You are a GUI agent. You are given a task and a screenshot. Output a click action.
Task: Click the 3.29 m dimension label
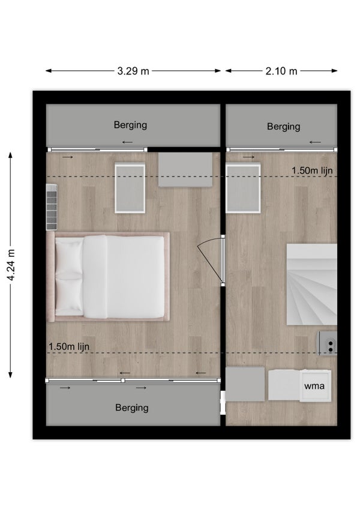click(133, 71)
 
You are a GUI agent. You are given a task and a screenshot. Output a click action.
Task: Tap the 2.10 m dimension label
click(281, 71)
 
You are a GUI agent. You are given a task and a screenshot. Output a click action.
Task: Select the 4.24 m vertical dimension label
click(11, 265)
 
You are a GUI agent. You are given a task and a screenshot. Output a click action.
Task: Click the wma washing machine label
click(314, 386)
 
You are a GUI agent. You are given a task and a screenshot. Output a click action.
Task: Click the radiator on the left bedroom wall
click(52, 207)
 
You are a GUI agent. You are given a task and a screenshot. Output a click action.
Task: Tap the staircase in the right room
click(311, 285)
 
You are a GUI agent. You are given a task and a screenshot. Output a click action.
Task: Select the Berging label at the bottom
click(132, 408)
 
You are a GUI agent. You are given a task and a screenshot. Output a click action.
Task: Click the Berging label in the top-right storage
click(283, 126)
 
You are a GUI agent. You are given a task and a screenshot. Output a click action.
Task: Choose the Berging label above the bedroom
click(130, 125)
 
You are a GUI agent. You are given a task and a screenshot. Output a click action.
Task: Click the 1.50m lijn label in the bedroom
click(69, 346)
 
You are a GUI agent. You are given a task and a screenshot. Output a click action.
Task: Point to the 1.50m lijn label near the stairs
click(312, 170)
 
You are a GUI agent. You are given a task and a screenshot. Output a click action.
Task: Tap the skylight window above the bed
click(130, 188)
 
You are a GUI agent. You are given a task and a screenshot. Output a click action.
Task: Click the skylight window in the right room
click(243, 188)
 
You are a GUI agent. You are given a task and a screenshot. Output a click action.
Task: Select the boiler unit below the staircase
click(327, 343)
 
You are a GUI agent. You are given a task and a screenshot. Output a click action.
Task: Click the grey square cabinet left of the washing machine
click(245, 384)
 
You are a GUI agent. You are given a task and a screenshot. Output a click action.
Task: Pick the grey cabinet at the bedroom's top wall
click(185, 170)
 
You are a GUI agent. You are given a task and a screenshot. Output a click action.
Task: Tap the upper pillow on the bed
click(69, 258)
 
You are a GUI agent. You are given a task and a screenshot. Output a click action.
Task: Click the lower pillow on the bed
click(69, 297)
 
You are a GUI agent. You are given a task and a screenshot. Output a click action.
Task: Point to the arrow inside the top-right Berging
click(315, 142)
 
